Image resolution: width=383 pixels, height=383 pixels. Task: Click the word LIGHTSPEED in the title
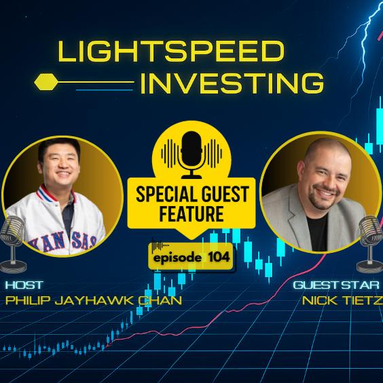pos(171,52)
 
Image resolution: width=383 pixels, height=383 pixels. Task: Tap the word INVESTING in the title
pos(232,83)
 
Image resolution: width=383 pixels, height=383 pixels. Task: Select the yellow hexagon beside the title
pos(46,82)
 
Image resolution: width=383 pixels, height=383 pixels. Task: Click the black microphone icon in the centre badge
pos(191,155)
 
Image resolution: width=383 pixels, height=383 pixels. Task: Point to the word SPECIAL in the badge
pos(163,194)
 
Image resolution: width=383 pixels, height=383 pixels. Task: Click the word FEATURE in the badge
pos(191,214)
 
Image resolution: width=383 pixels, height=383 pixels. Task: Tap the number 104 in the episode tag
pos(219,257)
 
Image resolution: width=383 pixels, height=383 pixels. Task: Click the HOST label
pos(24,285)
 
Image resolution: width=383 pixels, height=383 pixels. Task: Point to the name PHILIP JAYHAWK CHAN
pos(94,300)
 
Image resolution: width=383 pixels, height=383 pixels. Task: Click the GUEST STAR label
pos(336,285)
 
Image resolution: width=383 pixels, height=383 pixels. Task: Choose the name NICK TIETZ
pos(342,300)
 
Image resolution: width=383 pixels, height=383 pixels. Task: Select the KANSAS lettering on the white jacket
pos(63,243)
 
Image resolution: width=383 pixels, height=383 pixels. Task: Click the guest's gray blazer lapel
pos(296,215)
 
